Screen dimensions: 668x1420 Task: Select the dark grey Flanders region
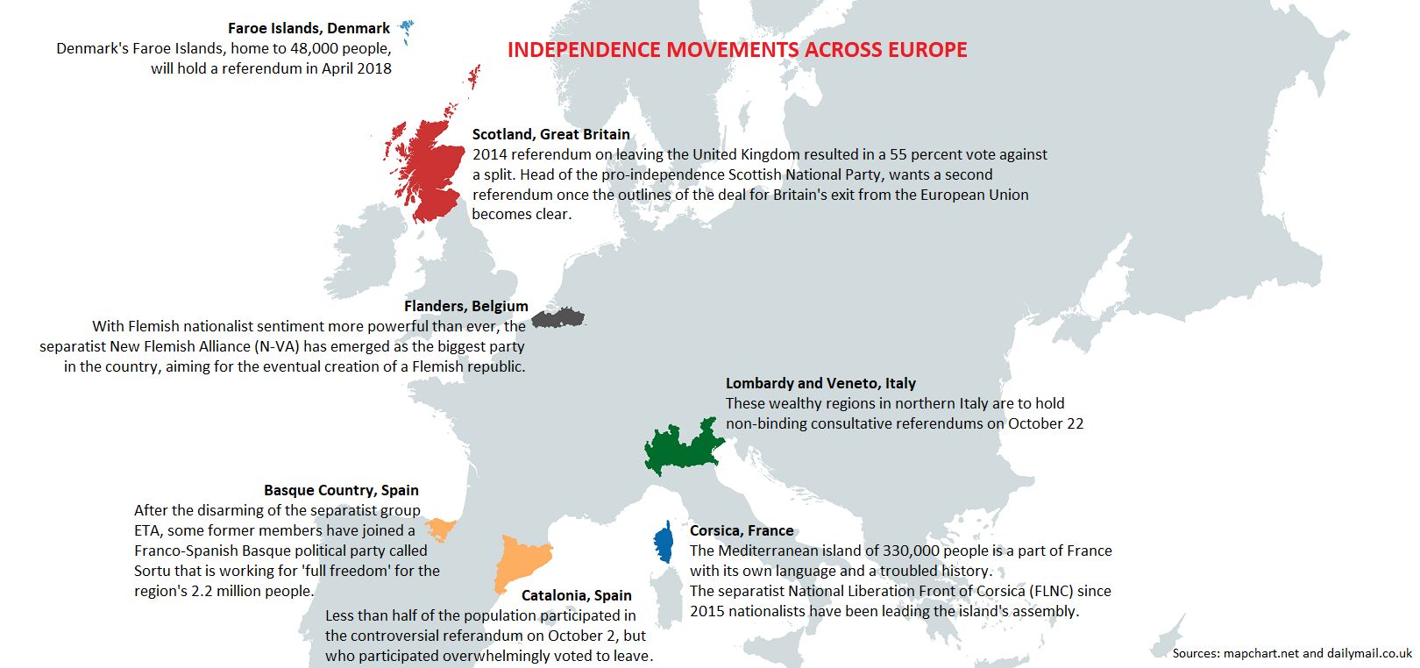[x=557, y=317]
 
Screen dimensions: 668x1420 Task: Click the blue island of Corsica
[x=664, y=544]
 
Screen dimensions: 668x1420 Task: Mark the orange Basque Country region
[x=439, y=529]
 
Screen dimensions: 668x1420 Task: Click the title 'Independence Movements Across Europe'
[x=737, y=50]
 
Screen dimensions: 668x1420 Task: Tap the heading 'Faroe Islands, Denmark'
[x=309, y=28]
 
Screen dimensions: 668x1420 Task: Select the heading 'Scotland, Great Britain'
[x=550, y=134]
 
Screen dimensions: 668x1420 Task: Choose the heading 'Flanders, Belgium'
[x=465, y=306]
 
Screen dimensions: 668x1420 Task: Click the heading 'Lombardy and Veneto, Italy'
[x=820, y=383]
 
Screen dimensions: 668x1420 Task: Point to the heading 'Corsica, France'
[x=742, y=530]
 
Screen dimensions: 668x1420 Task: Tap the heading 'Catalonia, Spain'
[x=576, y=595]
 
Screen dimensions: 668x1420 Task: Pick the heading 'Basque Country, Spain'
[x=341, y=490]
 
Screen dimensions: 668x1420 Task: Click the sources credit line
[x=1292, y=653]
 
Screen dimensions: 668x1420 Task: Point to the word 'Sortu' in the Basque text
[x=154, y=571]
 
